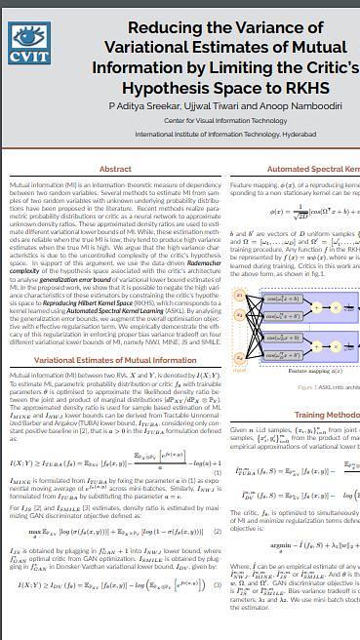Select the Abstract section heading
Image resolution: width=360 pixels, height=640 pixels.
point(115,169)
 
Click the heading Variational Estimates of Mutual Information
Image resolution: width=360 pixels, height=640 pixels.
point(115,360)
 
